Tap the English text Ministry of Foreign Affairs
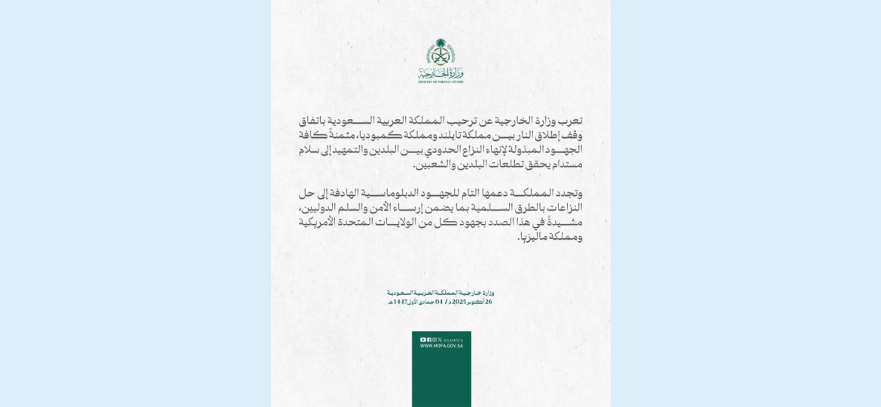pos(440,81)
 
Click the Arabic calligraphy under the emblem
pos(440,72)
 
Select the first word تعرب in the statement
pos(570,121)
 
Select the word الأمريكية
pos(321,222)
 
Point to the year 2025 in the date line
pos(459,301)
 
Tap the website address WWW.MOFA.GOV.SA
pos(441,346)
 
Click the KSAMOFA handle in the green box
pos(454,340)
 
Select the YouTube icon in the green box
pos(422,340)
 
